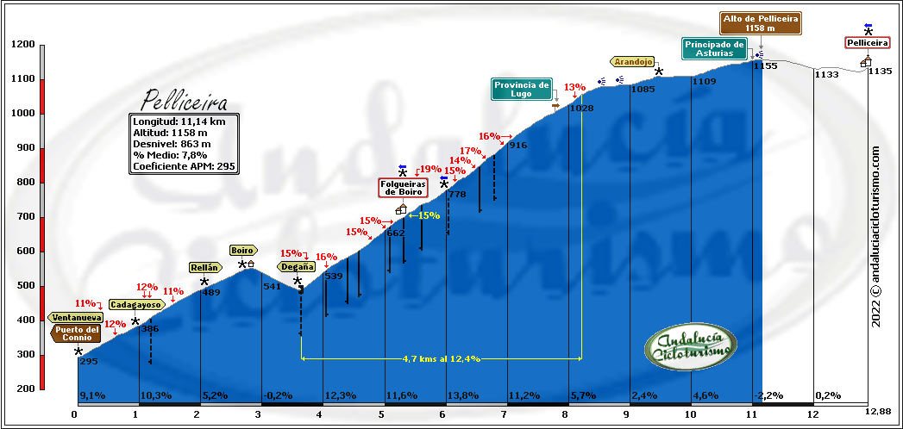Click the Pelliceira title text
point(185,99)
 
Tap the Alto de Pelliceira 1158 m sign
point(761,23)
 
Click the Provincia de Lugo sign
point(521,90)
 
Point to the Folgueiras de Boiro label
point(402,188)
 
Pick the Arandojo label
point(633,61)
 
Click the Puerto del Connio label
point(77,333)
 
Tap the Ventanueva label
point(76,317)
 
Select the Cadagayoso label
point(135,304)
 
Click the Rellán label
point(204,267)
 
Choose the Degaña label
point(296,266)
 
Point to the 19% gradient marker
point(430,170)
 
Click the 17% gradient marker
point(469,152)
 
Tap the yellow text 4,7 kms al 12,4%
point(441,358)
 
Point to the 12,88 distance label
point(877,412)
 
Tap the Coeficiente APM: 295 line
point(183,166)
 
